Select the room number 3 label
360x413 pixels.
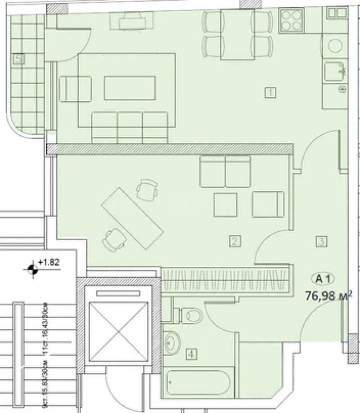click(x=321, y=241)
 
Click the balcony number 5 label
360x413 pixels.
click(x=18, y=58)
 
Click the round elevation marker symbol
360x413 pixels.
click(x=31, y=269)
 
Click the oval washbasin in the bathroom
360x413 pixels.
click(x=171, y=343)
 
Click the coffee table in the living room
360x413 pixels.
click(x=130, y=88)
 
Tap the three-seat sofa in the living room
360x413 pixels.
click(x=130, y=126)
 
